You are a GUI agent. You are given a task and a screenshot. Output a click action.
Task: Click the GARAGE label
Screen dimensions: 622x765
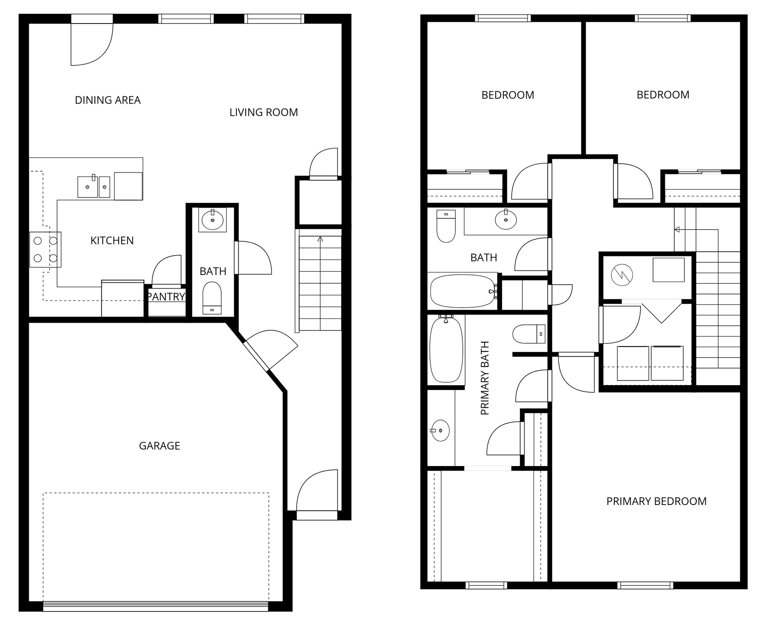point(159,446)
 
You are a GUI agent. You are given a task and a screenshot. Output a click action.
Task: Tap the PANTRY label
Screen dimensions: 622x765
point(166,297)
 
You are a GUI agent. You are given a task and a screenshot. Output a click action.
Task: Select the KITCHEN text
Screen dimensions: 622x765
point(112,241)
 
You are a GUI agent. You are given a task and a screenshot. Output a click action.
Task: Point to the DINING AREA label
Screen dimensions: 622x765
point(108,100)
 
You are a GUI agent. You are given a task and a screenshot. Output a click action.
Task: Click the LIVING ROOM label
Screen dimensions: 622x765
point(263,112)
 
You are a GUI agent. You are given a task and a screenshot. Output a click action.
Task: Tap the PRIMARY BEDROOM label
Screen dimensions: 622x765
point(656,501)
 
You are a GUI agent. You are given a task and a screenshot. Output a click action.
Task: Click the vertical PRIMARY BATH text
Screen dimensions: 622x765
point(485,378)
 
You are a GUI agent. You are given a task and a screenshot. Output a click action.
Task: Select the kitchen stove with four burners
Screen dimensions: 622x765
point(45,249)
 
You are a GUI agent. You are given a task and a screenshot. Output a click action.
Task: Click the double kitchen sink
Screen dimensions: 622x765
point(94,187)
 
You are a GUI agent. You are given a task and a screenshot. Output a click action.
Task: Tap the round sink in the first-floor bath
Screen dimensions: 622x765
point(212,220)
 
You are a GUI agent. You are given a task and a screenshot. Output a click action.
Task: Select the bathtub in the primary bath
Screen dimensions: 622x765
point(446,350)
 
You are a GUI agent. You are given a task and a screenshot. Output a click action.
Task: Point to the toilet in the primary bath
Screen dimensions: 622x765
point(529,334)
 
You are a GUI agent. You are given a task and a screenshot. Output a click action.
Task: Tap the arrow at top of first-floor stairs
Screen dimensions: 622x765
point(321,239)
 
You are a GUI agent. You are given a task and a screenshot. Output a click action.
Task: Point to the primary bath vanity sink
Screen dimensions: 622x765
point(440,430)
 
